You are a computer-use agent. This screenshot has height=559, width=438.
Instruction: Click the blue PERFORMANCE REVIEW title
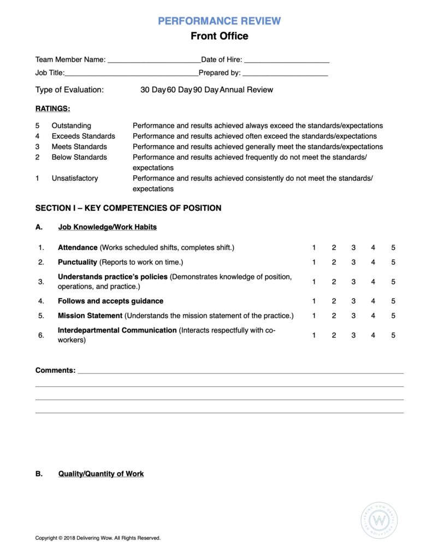click(x=219, y=21)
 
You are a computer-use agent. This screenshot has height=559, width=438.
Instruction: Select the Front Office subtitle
click(x=219, y=36)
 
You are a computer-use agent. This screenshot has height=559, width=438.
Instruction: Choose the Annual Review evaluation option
click(x=246, y=90)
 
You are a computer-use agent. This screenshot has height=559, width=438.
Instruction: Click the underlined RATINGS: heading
click(x=52, y=109)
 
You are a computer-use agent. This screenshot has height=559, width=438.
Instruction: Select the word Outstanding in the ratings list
click(x=72, y=126)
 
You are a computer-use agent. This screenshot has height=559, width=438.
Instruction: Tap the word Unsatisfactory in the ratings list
click(x=75, y=178)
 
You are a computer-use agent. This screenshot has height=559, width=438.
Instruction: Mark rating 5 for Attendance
click(x=393, y=248)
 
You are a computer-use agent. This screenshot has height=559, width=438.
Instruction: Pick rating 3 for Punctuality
click(x=353, y=262)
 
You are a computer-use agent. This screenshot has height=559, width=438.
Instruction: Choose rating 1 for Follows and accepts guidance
click(x=314, y=301)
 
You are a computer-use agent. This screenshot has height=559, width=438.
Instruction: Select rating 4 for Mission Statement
click(x=373, y=316)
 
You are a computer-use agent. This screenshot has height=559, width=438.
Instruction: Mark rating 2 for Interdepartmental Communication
click(x=334, y=335)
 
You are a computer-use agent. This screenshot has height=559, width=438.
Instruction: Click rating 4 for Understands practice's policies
click(x=373, y=282)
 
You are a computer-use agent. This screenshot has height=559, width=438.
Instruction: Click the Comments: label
click(x=55, y=370)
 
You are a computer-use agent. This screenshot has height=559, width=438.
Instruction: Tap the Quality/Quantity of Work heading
click(x=101, y=474)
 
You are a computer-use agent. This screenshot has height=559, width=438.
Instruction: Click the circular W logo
click(x=378, y=520)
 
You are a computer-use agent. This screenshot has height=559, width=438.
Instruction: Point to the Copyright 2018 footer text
click(x=98, y=538)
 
